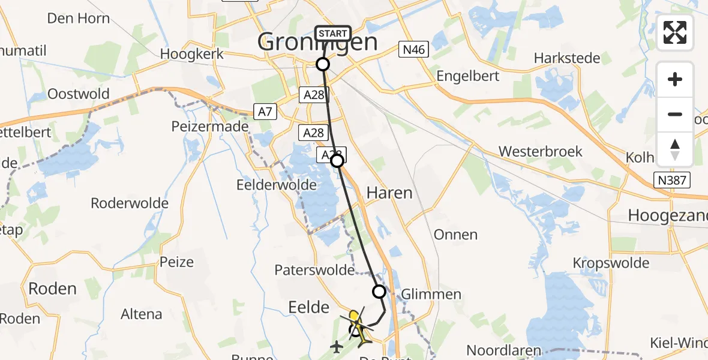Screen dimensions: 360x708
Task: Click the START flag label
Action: coord(332,34)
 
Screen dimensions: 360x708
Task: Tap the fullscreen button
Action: coord(675,32)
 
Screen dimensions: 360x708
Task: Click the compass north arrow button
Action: coord(675,149)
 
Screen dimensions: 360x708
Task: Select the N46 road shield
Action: coord(414,50)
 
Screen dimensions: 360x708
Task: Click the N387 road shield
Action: coord(673,179)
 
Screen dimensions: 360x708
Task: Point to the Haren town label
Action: coord(389,193)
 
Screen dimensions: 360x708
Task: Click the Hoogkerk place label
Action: coord(192,54)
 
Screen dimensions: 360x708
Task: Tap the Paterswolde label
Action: coord(314,270)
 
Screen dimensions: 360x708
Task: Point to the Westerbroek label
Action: coord(541,151)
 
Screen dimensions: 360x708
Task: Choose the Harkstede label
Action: coord(567,59)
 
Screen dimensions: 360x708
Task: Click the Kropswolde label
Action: coord(611,263)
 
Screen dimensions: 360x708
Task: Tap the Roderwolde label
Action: coord(130,203)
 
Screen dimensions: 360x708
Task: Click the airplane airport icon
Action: coord(337,346)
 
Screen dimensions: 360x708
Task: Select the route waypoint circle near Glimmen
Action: coord(379,292)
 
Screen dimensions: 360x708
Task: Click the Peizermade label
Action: coord(210,127)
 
